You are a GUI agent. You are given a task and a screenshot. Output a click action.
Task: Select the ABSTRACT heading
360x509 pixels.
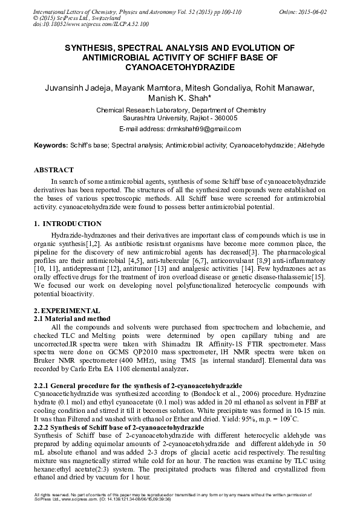(x=54, y=170)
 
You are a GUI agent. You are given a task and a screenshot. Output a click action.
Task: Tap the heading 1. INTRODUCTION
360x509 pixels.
(x=68, y=224)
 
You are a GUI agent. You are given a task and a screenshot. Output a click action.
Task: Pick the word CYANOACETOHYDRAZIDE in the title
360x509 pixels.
(x=180, y=65)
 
